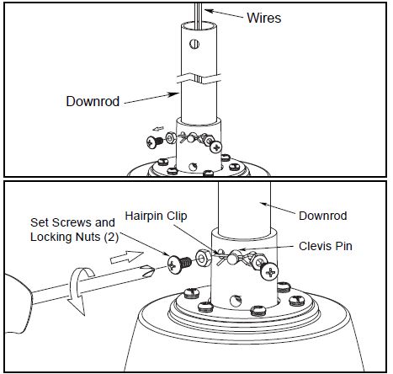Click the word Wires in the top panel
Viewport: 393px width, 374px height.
pyautogui.click(x=263, y=18)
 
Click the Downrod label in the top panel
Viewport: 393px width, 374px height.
pyautogui.click(x=93, y=101)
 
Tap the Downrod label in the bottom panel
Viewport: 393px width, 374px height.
pyautogui.click(x=322, y=216)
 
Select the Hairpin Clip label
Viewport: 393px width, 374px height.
pyautogui.click(x=156, y=216)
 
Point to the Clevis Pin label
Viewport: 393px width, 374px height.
pyautogui.click(x=326, y=246)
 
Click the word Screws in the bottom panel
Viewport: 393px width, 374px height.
pyautogui.click(x=72, y=222)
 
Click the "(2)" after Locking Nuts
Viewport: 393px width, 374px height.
pyautogui.click(x=111, y=238)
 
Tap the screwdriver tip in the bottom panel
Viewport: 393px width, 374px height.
pyautogui.click(x=148, y=270)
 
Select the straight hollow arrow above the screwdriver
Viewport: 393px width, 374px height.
pyautogui.click(x=127, y=257)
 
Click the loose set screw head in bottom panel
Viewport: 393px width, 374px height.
pyautogui.click(x=173, y=264)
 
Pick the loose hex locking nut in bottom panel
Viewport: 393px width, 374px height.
pyautogui.click(x=204, y=258)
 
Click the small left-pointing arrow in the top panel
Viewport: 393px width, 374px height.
pyautogui.click(x=158, y=129)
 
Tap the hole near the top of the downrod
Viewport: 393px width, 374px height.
pyautogui.click(x=194, y=44)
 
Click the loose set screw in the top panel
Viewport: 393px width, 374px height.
pyautogui.click(x=155, y=142)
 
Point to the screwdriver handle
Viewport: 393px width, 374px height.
pyautogui.click(x=18, y=303)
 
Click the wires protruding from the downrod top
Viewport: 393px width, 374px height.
pyautogui.click(x=198, y=15)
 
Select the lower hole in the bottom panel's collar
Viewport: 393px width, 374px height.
pyautogui.click(x=236, y=301)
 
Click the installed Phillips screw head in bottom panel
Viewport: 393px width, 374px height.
pyautogui.click(x=269, y=272)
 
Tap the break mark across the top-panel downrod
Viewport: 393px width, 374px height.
pyautogui.click(x=199, y=78)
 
